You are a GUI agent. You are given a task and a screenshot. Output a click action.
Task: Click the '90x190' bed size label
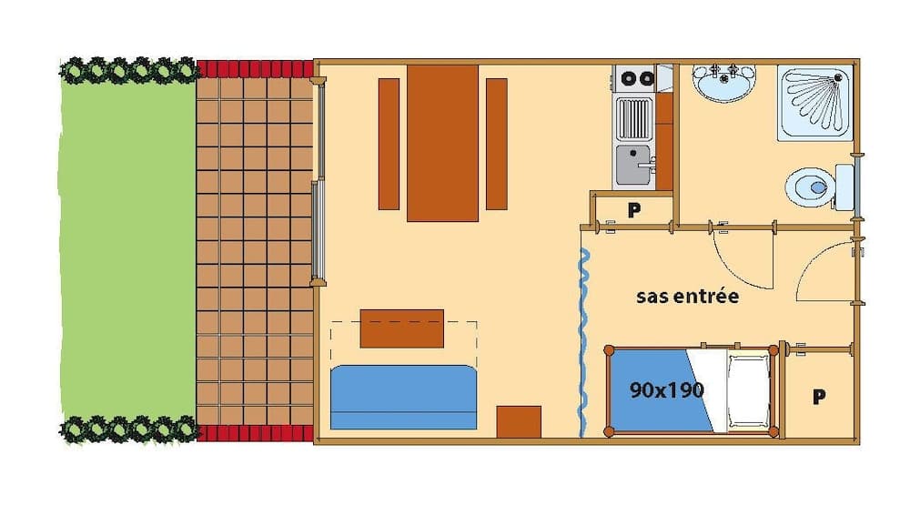click(x=667, y=390)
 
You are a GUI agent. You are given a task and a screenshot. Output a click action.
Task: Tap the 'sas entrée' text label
click(x=687, y=296)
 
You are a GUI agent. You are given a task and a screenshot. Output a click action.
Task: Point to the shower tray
click(x=814, y=102)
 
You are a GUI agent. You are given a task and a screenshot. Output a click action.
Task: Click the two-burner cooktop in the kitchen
click(x=635, y=78)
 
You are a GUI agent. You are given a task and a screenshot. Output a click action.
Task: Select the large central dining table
click(x=442, y=143)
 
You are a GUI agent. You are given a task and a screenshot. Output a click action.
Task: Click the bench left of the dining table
click(x=389, y=143)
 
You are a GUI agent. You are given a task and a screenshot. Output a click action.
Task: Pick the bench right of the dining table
click(x=496, y=143)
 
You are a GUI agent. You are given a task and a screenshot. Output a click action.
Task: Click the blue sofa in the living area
click(x=404, y=397)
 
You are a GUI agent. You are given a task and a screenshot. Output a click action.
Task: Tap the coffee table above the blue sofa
click(x=401, y=328)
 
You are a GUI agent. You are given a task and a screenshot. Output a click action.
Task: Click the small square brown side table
click(x=519, y=422)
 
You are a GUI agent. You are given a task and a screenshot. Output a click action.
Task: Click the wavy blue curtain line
click(x=582, y=336)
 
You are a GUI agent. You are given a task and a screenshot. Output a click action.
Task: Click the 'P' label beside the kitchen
click(x=634, y=209)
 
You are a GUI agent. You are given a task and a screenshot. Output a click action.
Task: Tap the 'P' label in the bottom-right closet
click(x=819, y=397)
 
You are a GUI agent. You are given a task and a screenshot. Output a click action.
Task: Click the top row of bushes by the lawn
click(x=128, y=70)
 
